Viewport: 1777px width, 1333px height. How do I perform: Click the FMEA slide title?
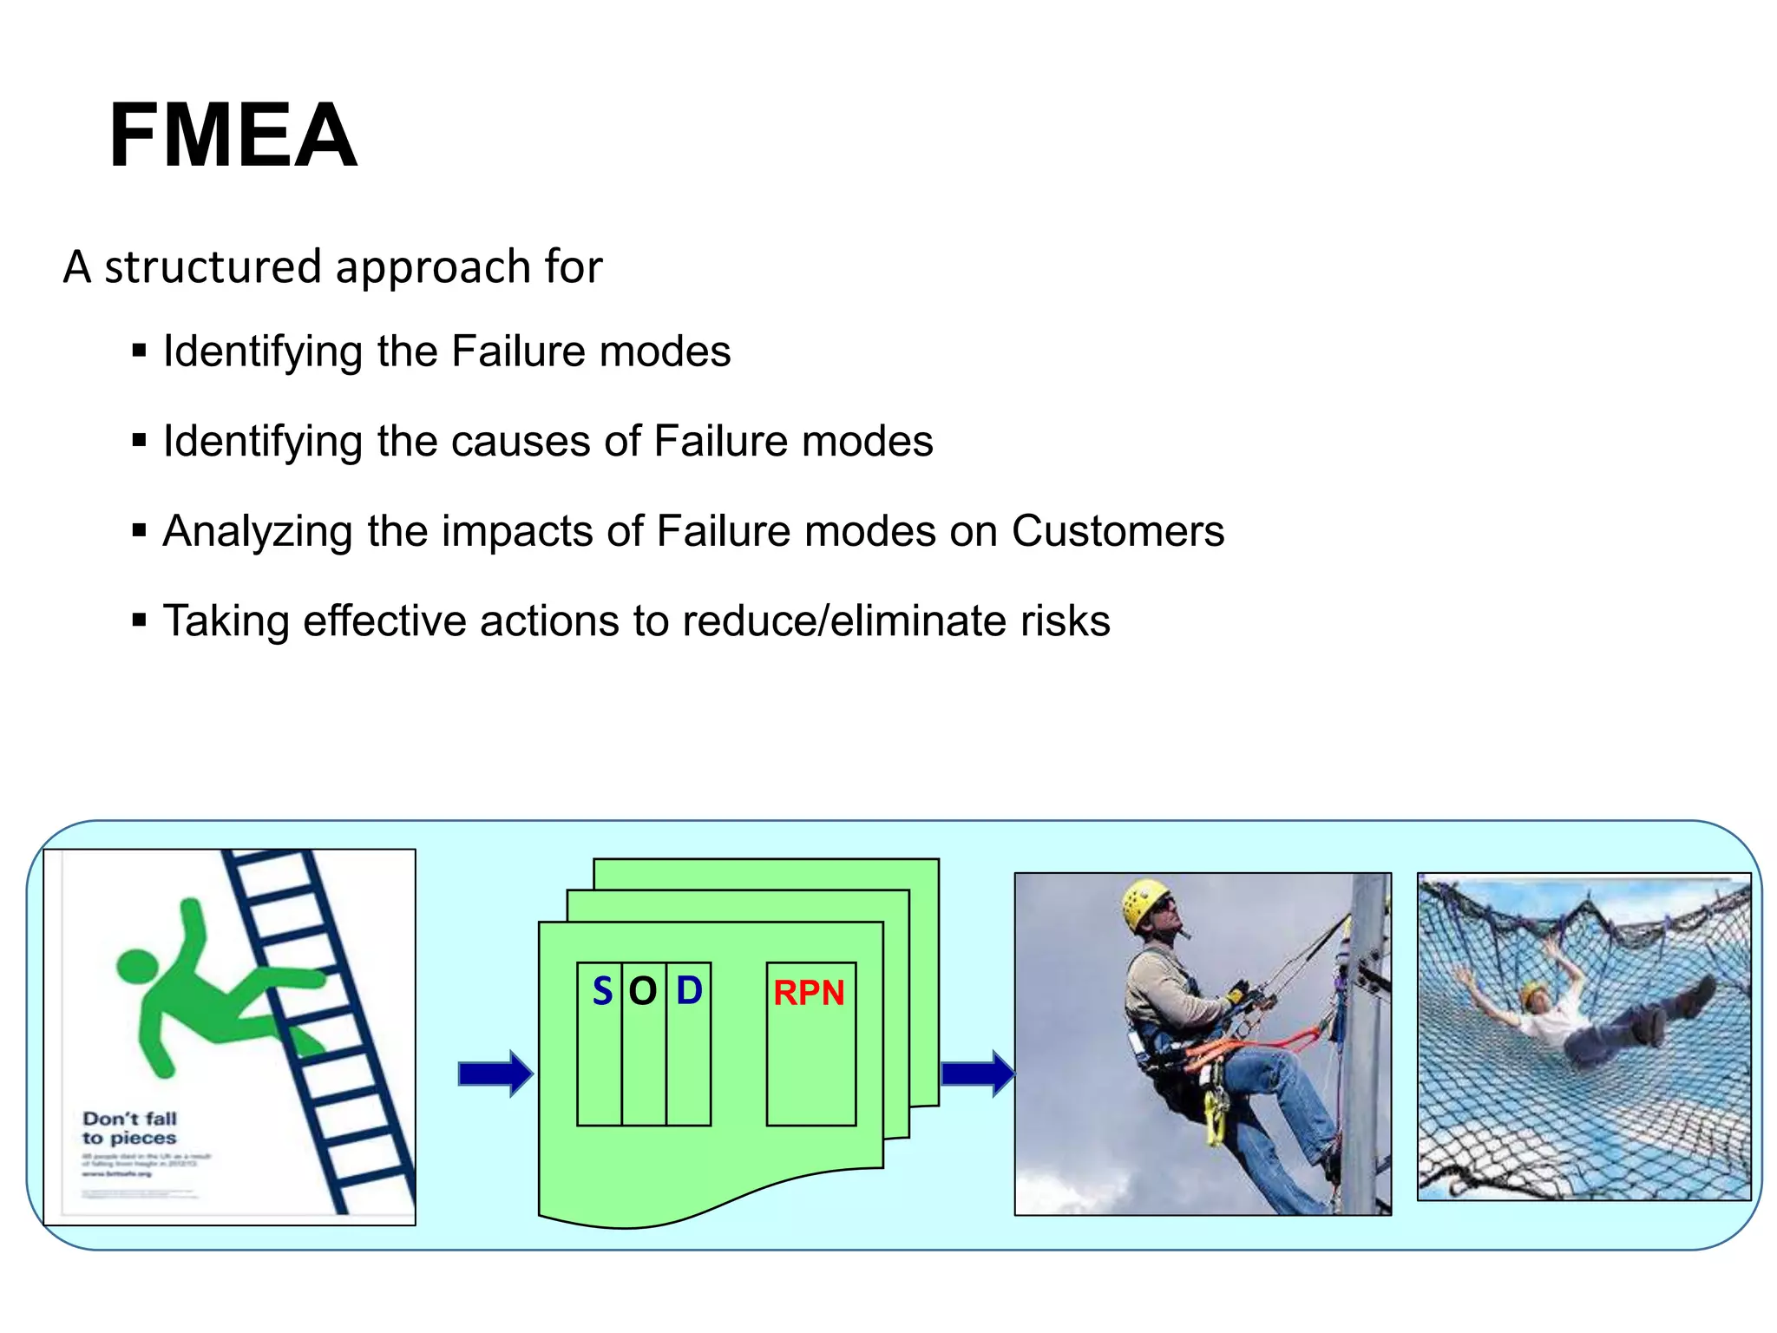click(x=233, y=135)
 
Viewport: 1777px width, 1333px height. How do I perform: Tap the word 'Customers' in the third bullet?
click(x=1118, y=531)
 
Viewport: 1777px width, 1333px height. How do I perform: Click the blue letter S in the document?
click(x=602, y=991)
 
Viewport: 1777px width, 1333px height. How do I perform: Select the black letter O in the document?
click(x=643, y=991)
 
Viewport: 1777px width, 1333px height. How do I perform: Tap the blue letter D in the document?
click(x=689, y=990)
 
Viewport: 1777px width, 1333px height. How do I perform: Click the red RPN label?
click(x=809, y=993)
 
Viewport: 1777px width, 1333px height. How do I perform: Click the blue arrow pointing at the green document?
click(x=495, y=1074)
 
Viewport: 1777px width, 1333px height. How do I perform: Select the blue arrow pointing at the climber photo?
click(x=977, y=1074)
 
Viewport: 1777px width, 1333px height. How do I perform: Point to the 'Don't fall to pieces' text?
click(x=129, y=1128)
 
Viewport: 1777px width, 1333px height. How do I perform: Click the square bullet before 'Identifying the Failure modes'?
click(x=139, y=351)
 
